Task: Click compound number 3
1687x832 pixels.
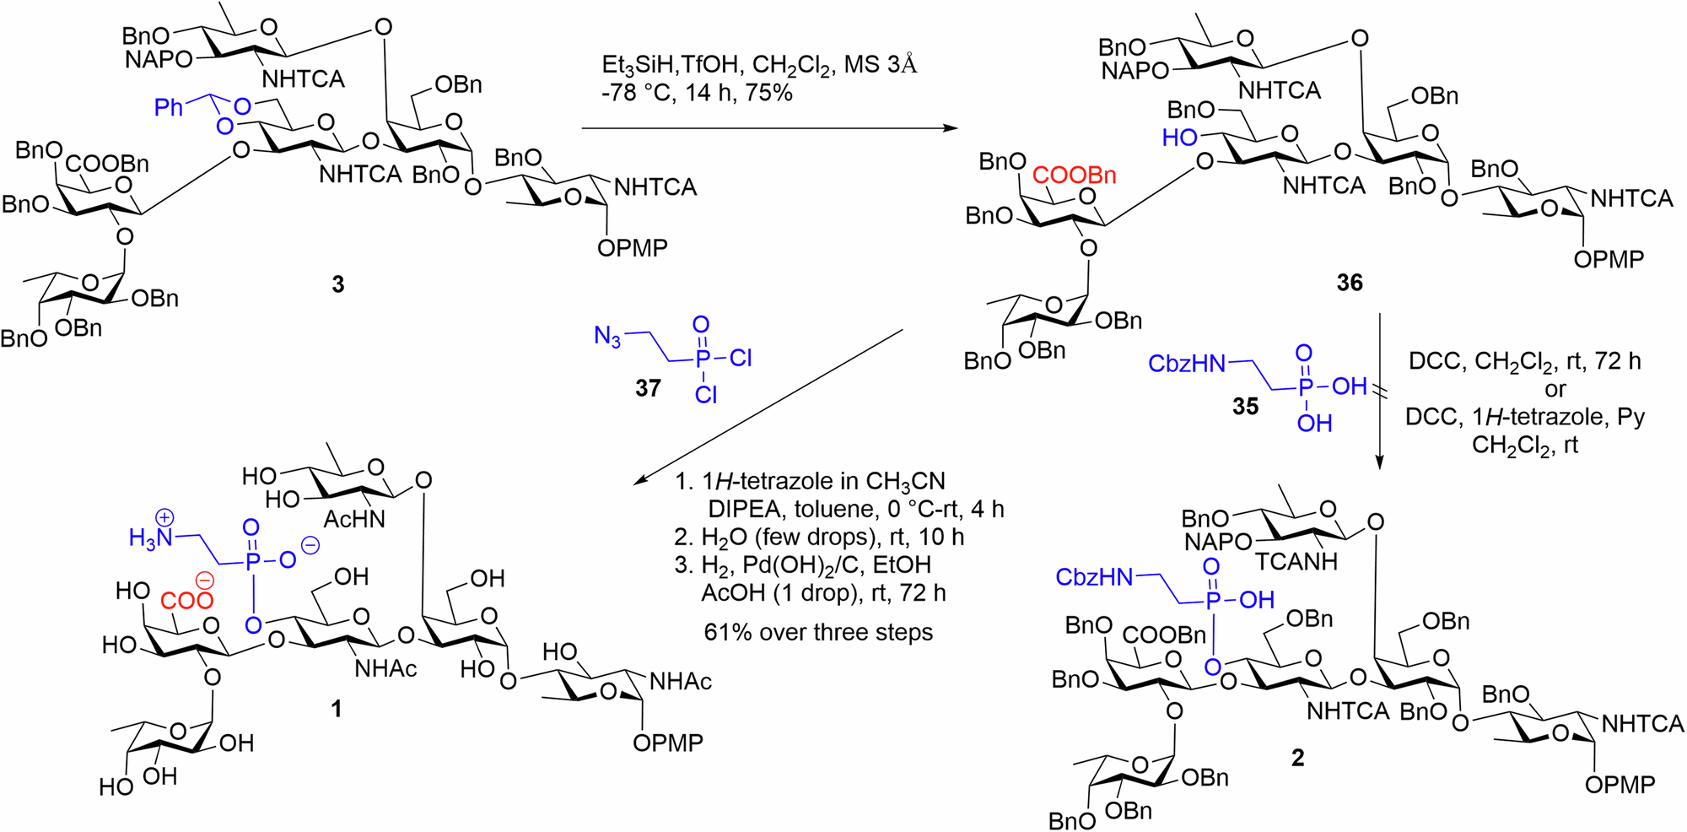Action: point(338,284)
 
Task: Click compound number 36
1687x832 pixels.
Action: point(1350,283)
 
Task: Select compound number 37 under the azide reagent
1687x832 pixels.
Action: point(648,388)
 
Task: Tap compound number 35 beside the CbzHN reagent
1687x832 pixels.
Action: point(1245,407)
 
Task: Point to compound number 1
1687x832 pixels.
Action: point(337,709)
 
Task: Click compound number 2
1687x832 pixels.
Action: point(1297,758)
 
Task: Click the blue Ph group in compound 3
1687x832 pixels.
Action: point(169,107)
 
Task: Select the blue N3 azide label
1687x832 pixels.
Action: point(607,337)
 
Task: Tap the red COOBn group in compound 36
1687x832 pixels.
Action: point(1074,176)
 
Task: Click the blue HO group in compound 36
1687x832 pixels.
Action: point(1179,138)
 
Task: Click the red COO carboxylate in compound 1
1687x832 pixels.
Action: point(186,600)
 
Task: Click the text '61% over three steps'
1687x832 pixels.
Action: point(818,632)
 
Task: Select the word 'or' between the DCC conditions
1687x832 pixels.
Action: point(1555,390)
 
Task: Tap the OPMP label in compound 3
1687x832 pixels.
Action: point(632,248)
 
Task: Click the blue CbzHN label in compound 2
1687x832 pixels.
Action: point(1094,577)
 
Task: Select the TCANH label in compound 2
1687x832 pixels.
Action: point(1296,562)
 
